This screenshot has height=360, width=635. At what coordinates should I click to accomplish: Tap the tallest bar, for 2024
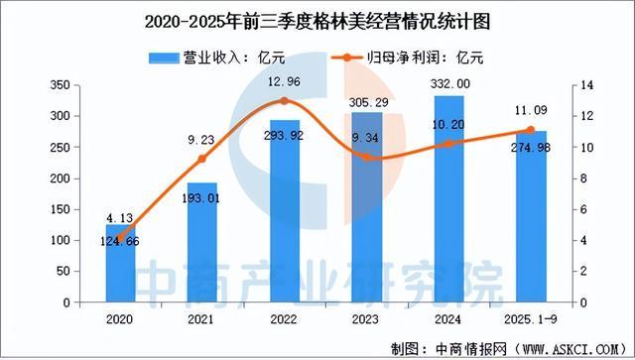pyautogui.click(x=447, y=198)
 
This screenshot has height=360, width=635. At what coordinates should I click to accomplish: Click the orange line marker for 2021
pyautogui.click(x=202, y=159)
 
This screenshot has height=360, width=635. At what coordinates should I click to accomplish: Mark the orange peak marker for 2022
pyautogui.click(x=285, y=101)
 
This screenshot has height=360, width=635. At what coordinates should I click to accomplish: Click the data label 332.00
pyautogui.click(x=449, y=85)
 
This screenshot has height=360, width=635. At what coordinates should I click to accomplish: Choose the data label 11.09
pyautogui.click(x=529, y=114)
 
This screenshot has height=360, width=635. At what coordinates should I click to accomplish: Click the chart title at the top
pyautogui.click(x=317, y=20)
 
